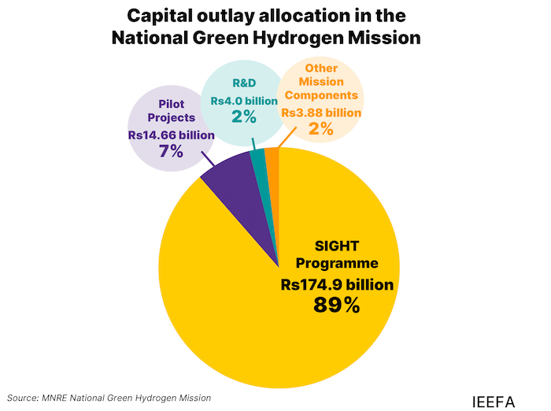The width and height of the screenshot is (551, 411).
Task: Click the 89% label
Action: (336, 305)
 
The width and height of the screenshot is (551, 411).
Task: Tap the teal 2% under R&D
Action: (245, 117)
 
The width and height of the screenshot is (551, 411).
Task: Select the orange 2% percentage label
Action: (321, 129)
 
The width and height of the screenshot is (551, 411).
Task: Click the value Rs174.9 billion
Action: (337, 283)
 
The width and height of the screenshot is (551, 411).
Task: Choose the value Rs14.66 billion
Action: (171, 135)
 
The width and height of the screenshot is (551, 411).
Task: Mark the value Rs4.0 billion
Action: (245, 102)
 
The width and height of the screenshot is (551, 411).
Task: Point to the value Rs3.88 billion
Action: (321, 113)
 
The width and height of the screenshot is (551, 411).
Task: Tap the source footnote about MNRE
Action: (109, 398)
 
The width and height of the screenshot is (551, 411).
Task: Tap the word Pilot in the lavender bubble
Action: (171, 104)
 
